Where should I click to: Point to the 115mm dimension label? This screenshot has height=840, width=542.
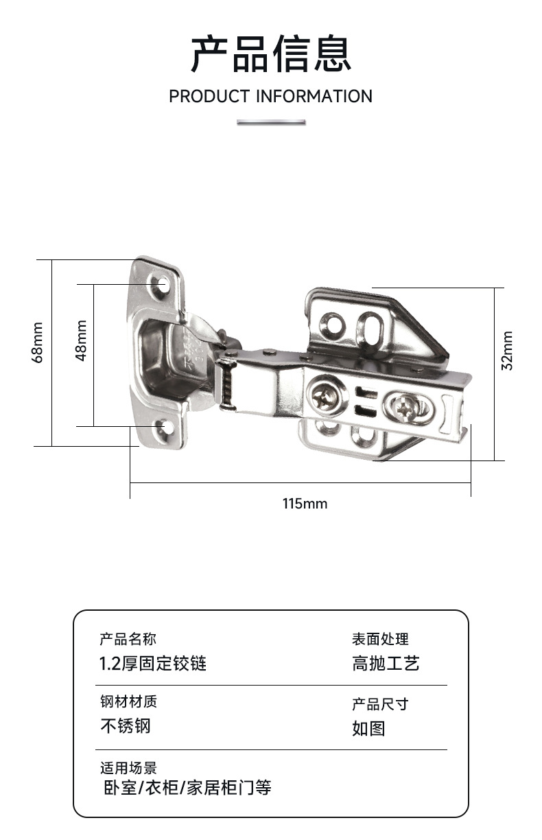click(305, 504)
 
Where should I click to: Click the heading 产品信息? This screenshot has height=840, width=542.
click(271, 54)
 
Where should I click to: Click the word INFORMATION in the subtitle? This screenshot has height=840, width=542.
click(314, 96)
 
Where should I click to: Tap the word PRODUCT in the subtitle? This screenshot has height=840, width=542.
click(209, 96)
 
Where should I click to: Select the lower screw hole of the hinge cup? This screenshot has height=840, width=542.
click(165, 429)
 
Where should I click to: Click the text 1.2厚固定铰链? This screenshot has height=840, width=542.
click(153, 664)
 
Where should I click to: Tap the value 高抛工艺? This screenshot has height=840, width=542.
click(386, 664)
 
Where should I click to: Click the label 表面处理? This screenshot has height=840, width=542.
click(380, 640)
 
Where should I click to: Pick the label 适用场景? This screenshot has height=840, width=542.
click(128, 768)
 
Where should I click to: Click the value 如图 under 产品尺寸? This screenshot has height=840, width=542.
click(368, 728)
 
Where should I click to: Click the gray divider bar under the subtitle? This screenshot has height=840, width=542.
click(271, 122)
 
